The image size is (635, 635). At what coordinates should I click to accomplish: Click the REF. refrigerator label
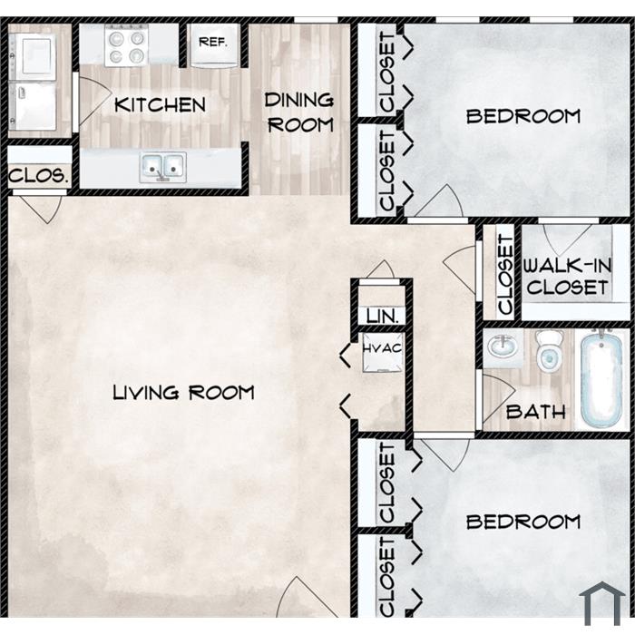212,42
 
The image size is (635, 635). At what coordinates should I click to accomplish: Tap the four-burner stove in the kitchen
126,45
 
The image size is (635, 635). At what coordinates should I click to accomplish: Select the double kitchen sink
162,167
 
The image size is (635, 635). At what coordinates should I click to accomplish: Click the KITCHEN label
160,105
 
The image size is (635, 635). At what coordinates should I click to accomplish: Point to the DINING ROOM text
299,112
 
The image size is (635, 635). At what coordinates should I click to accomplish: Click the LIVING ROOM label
183,393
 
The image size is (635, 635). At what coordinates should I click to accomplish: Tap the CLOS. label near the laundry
38,175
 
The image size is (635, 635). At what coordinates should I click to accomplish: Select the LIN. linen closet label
382,316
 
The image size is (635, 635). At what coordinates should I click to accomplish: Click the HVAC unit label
382,348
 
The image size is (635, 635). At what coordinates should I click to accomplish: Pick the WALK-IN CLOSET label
567,277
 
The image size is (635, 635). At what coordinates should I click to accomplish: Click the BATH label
535,412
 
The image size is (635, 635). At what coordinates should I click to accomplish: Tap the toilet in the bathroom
549,350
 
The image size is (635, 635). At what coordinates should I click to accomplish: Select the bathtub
601,380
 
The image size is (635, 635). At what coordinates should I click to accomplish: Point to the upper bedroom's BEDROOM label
523,116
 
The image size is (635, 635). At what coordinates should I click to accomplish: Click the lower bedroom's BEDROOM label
523,522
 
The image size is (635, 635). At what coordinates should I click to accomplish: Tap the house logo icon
602,603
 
